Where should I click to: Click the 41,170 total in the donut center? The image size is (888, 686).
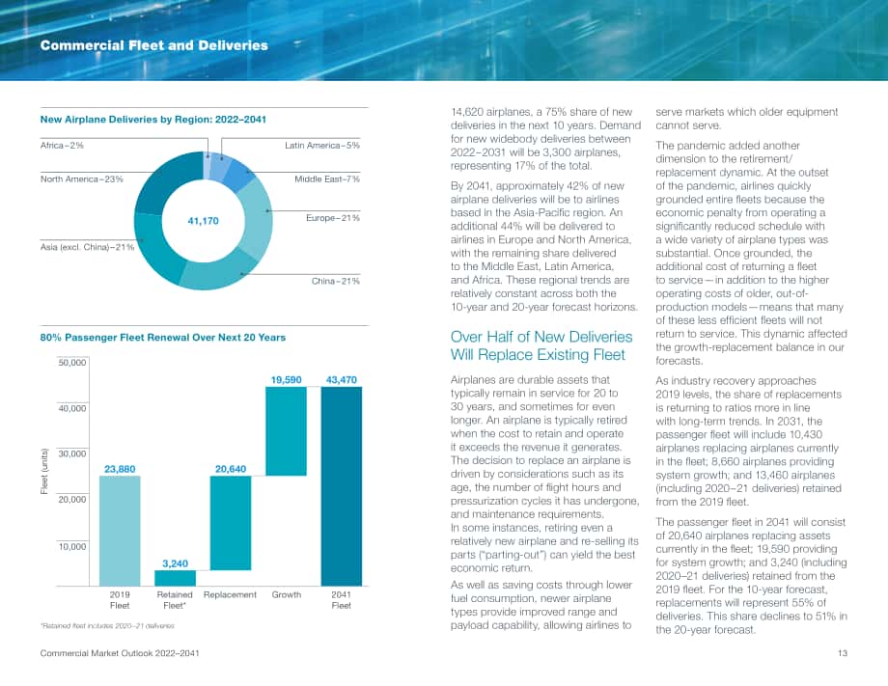203,221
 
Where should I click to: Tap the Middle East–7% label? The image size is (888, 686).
327,179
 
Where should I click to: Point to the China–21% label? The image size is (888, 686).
335,282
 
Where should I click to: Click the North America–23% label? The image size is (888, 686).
81,179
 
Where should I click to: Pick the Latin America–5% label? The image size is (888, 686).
322,146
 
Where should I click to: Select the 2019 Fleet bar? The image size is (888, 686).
120,531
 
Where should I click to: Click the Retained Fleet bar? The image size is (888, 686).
175,578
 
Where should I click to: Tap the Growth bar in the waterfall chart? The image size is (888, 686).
286,431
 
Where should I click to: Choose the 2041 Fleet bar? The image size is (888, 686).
342,486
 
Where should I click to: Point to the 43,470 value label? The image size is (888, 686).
342,380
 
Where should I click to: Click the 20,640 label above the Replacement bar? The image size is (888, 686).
231,469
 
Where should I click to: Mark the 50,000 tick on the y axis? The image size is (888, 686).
72,363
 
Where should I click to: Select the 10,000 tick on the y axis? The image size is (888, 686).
72,547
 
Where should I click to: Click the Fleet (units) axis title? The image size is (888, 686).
44,471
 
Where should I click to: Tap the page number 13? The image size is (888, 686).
843,653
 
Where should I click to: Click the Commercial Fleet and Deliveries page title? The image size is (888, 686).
154,45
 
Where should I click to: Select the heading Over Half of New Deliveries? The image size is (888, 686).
541,337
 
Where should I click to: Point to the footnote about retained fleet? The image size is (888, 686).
107,626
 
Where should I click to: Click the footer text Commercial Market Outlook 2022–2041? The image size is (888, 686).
120,653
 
